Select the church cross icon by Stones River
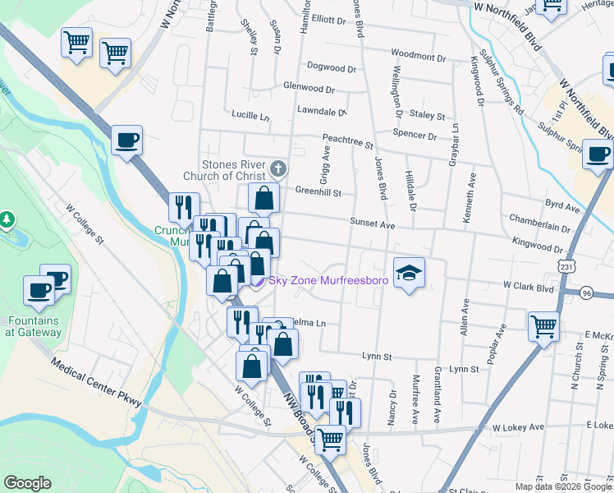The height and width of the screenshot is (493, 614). [278, 170]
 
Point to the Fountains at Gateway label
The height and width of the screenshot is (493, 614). [32, 326]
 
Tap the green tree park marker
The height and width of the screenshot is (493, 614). [7, 219]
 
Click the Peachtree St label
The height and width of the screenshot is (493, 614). [347, 141]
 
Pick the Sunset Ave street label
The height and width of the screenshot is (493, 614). [373, 223]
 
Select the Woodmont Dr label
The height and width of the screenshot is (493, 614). [418, 57]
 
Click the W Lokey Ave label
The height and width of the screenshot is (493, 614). [518, 427]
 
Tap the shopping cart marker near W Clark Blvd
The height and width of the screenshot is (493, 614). [543, 325]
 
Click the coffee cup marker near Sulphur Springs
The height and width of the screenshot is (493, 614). [598, 153]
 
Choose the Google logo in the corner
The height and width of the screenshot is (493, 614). [27, 483]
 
